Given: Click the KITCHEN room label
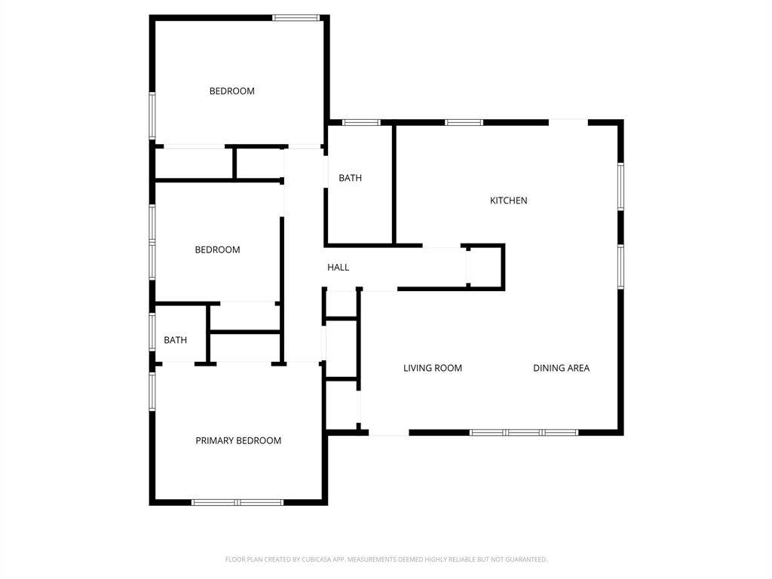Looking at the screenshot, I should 508,201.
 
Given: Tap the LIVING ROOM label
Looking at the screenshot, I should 432,368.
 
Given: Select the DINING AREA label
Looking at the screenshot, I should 561,368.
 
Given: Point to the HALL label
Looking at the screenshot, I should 338,267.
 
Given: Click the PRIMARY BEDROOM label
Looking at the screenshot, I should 238,440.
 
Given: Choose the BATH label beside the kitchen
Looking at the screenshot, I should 350,178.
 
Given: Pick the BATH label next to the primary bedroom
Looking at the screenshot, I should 175,340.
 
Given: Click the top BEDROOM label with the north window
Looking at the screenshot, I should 231,91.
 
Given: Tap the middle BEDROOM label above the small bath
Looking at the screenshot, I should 217,250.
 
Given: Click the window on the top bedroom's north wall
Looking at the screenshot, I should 296,17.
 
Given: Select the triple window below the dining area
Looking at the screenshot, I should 524,433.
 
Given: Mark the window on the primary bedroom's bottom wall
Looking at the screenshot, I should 237,502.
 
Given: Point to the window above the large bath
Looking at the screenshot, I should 360,122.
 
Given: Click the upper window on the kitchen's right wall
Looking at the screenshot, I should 620,186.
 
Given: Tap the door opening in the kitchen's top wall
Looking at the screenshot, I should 568,121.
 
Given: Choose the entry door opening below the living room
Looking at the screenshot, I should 389,433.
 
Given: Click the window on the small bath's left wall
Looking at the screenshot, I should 152,332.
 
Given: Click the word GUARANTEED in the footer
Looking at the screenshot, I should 527,559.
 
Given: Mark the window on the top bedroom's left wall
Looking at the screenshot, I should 152,115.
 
